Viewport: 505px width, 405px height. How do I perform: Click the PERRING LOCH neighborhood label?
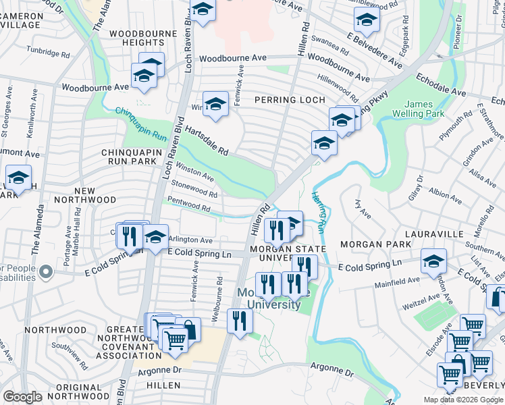285,100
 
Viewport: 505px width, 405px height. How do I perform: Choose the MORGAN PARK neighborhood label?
375,243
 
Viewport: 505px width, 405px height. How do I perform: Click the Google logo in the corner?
23,396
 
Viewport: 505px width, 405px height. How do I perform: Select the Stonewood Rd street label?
194,188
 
